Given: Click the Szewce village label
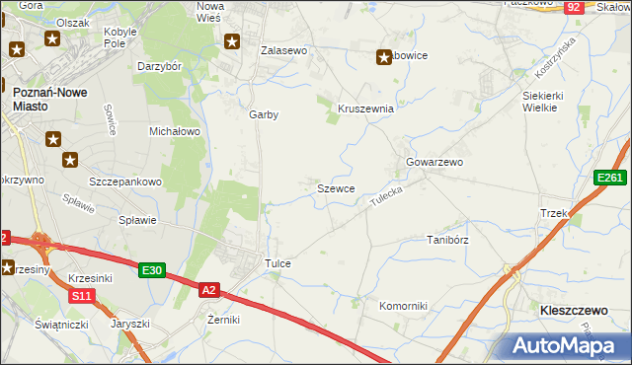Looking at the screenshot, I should pos(336,187).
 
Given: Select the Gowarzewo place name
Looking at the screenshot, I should pos(434,162).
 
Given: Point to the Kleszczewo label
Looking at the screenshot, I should pos(573,310).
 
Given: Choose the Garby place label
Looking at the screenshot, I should pos(264,114).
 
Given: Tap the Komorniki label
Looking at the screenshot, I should pos(403,306).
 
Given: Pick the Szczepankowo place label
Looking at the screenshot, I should pos(125,182).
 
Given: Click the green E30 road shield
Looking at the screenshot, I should pos(151,270).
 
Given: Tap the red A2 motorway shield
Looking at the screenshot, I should pos(208,290).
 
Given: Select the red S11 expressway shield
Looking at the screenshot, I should pos(82,295).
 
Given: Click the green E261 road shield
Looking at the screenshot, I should pos(610,178).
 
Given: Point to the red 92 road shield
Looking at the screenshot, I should pos(574,8).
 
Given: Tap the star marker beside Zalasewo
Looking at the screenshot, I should pos(232,41).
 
